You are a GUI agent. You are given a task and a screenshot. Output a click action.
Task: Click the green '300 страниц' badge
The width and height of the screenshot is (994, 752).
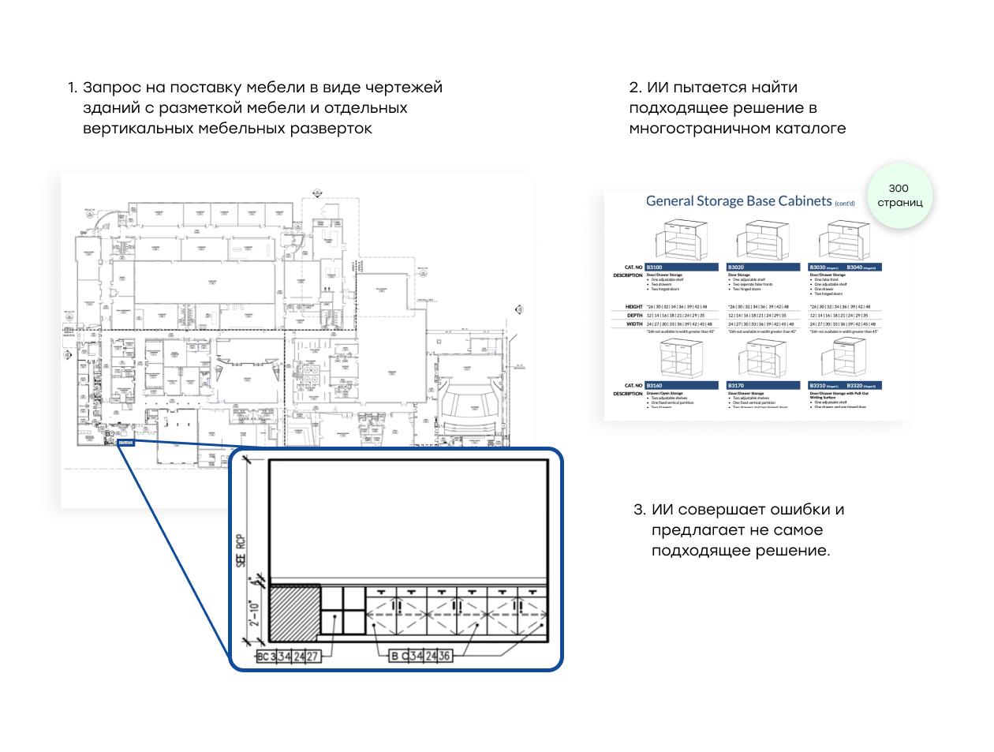point(899,196)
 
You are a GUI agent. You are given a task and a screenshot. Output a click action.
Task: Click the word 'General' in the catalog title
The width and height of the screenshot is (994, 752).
point(669,201)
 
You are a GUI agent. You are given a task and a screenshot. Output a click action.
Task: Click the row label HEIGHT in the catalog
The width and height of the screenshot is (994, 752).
point(634,307)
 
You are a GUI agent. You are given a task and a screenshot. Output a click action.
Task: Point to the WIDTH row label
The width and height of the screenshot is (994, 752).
point(634,324)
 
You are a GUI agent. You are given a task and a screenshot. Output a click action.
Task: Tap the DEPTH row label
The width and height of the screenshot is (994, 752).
point(634,315)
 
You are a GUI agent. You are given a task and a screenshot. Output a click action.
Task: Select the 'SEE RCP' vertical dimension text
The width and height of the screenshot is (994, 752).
point(241,550)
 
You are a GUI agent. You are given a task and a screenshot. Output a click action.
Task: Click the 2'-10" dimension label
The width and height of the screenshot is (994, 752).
point(254,614)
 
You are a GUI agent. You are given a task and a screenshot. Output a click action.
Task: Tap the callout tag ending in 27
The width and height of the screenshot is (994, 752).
point(288,657)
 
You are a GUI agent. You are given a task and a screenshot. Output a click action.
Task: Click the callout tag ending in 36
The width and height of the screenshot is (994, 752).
point(421,656)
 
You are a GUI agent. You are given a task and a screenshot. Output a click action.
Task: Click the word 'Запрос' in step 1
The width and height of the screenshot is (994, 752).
point(111,88)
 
